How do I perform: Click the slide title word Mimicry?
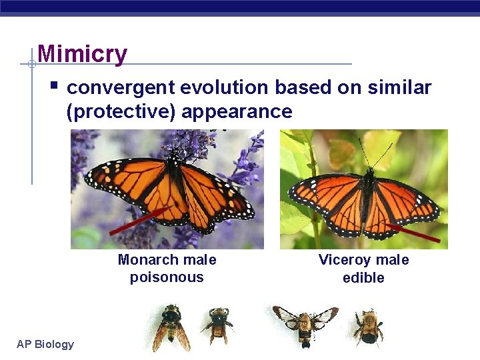82,53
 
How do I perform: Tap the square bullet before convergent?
55,86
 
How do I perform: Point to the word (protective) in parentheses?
121,111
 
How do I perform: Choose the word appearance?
237,111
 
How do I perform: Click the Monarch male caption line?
167,260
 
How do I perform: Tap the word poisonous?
167,277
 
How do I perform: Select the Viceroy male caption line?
363,260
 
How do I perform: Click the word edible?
363,277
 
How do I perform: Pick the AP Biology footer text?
45,344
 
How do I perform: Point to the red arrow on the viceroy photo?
413,233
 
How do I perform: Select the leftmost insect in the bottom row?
171,327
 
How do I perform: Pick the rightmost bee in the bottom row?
367,327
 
